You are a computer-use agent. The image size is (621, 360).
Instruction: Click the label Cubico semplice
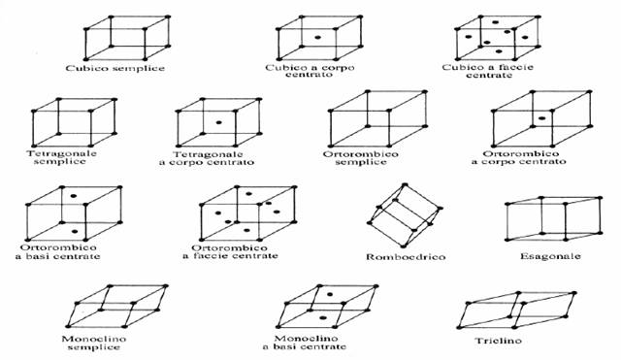point(114,68)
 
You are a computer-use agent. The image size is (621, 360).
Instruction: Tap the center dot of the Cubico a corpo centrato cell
point(317,37)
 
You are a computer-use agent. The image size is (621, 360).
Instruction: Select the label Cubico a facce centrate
point(488,71)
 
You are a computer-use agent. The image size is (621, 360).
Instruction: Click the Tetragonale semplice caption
point(61,157)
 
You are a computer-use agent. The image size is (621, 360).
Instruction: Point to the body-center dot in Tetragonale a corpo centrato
point(218,122)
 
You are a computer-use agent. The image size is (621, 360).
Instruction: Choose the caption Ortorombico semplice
point(361,157)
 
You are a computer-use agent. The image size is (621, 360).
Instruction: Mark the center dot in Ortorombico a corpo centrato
point(542,118)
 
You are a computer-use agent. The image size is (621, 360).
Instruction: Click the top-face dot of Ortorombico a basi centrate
point(73,196)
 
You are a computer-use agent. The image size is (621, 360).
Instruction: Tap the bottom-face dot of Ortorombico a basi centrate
point(75,231)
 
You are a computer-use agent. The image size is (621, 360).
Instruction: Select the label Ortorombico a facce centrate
point(230,252)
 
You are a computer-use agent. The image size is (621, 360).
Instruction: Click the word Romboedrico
point(406,257)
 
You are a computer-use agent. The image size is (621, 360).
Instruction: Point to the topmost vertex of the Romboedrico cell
point(405,185)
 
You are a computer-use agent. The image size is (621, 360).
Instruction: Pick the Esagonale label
point(550,256)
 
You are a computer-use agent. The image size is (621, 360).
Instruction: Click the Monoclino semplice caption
point(94,343)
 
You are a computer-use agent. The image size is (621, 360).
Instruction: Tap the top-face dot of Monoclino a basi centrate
point(330,294)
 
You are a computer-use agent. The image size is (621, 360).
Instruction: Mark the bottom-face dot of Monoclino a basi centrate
point(323,317)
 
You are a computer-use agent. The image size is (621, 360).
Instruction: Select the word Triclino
point(498,341)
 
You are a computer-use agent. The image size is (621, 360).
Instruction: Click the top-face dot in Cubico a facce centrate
point(495,21)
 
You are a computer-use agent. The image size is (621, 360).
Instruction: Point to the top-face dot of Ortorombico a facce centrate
point(248,194)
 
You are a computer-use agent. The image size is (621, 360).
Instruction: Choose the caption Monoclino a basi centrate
point(304,343)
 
